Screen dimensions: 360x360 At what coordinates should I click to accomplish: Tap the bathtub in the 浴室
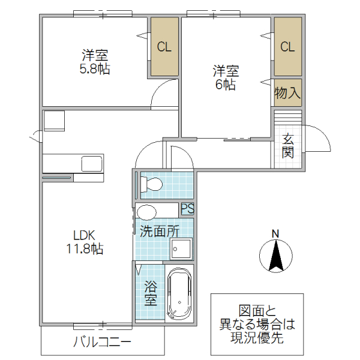pyautogui.click(x=179, y=294)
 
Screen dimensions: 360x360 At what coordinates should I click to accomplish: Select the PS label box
pyautogui.click(x=187, y=209)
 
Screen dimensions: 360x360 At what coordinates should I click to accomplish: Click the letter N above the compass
pyautogui.click(x=275, y=233)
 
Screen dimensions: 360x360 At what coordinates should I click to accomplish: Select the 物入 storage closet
pyautogui.click(x=287, y=93)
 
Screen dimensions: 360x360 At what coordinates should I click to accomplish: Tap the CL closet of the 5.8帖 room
pyautogui.click(x=164, y=47)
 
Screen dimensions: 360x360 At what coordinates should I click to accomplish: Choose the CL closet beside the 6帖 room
pyautogui.click(x=287, y=47)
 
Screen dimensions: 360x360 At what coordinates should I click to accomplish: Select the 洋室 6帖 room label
pyautogui.click(x=226, y=77)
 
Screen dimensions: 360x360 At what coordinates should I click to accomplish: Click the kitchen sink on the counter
pyautogui.click(x=91, y=163)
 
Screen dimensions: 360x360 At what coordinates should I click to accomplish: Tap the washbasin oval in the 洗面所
pyautogui.click(x=146, y=211)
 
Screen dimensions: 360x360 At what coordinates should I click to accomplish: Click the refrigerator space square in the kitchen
pyautogui.click(x=53, y=119)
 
